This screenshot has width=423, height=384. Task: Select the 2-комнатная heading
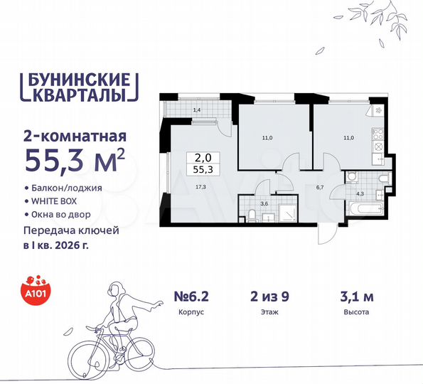(75, 134)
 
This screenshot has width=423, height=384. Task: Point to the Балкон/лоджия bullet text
(69, 188)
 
